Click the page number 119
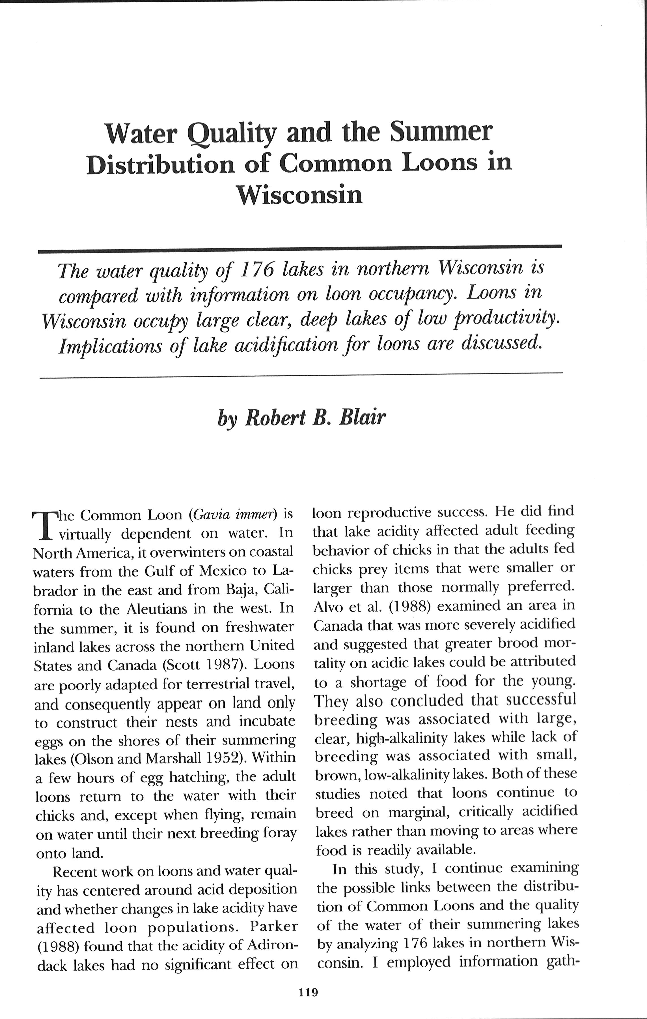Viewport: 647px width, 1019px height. click(x=308, y=992)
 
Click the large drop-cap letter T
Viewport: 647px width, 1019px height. click(x=44, y=526)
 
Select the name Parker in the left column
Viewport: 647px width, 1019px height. click(x=274, y=926)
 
